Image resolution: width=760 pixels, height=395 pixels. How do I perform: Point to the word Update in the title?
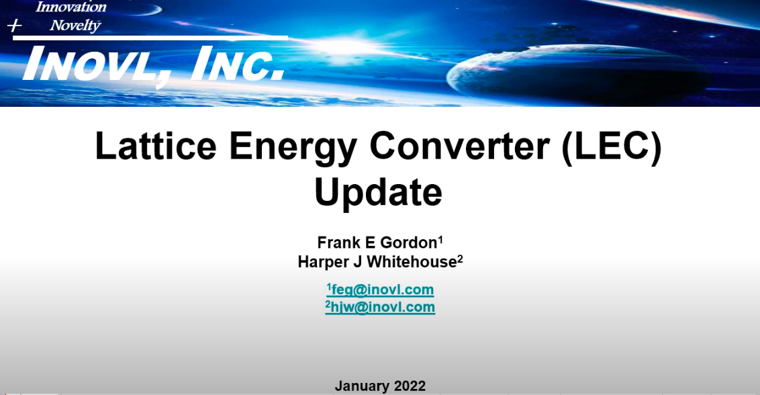click(x=379, y=192)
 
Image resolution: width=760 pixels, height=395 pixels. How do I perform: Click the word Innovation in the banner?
click(x=71, y=7)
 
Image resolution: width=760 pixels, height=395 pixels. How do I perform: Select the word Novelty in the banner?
click(x=75, y=26)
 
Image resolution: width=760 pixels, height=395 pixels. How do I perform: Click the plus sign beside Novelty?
click(x=15, y=26)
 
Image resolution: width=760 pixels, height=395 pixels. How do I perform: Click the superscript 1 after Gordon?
click(x=440, y=238)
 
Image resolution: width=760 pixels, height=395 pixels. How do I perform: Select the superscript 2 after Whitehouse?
click(x=461, y=258)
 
